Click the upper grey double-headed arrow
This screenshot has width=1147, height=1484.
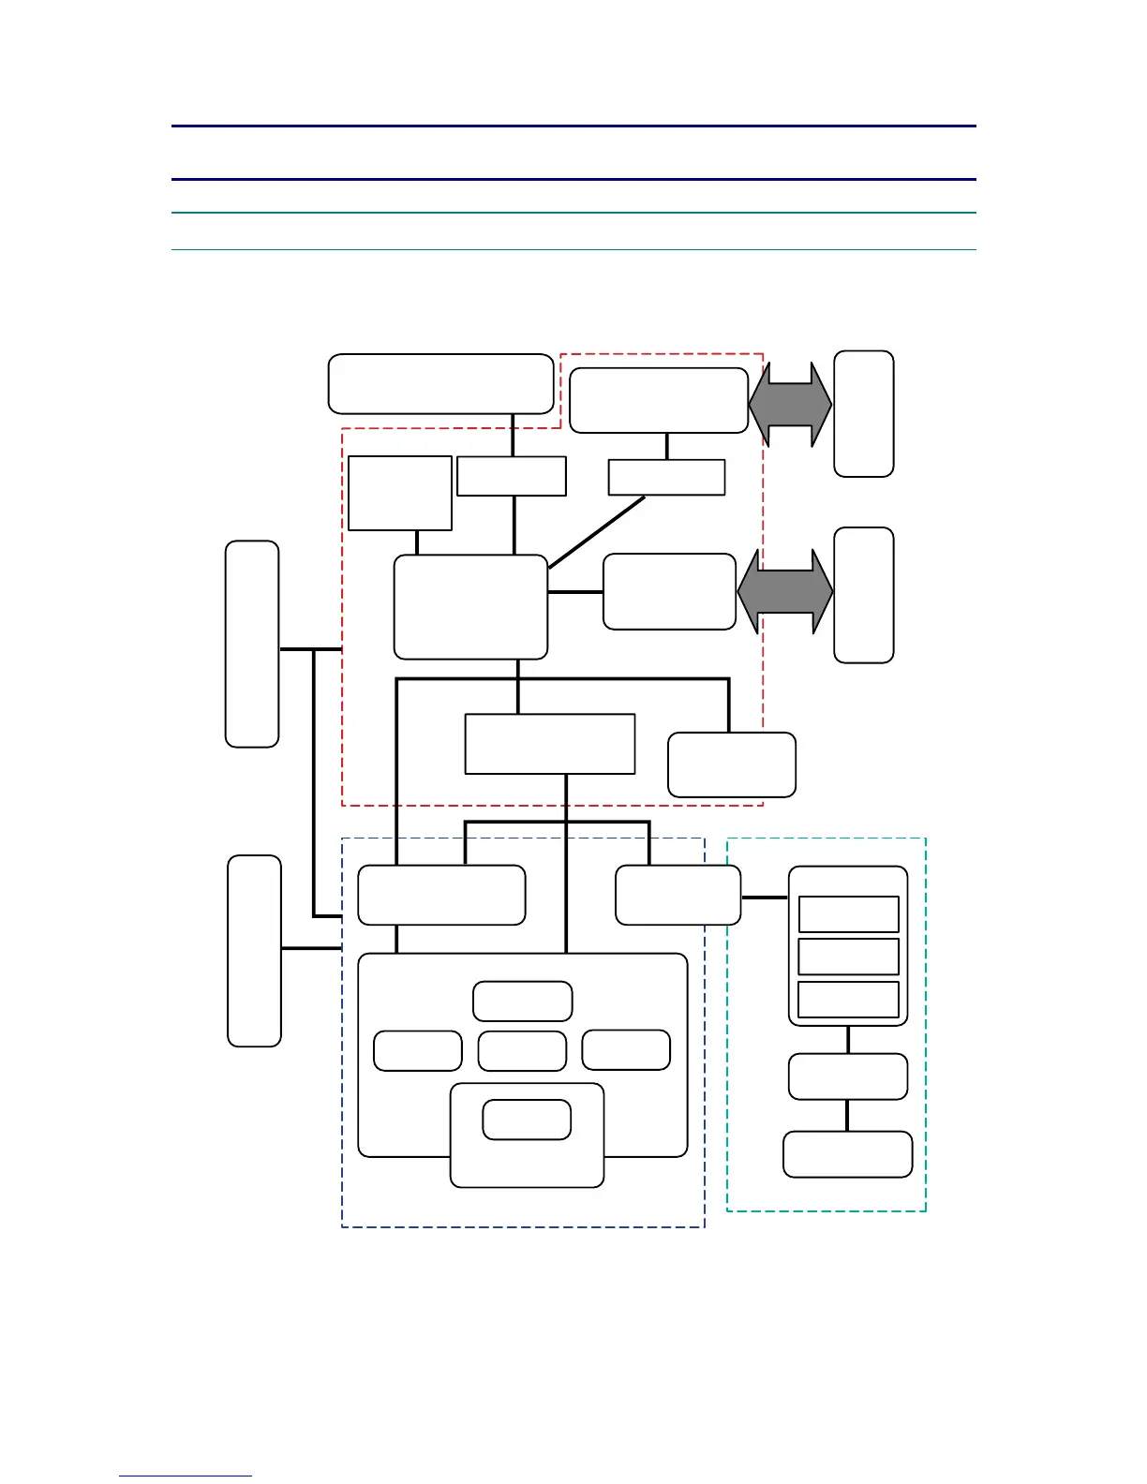coord(790,405)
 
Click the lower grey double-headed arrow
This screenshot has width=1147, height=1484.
coord(785,592)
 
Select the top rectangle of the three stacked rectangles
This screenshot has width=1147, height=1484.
coord(848,913)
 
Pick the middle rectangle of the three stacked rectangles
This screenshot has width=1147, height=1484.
coord(848,957)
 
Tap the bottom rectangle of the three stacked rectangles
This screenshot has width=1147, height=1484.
coord(848,999)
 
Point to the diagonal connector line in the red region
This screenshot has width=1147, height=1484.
coord(597,531)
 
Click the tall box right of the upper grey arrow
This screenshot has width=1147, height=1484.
coord(863,413)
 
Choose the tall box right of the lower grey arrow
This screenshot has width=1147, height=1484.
coord(863,595)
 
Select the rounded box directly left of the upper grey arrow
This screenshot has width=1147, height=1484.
coord(658,400)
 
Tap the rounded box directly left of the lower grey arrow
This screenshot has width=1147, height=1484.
coord(669,591)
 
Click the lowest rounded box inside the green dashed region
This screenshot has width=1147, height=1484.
coord(847,1153)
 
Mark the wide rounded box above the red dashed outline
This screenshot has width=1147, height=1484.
coord(440,383)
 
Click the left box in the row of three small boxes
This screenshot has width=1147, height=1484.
coord(417,1050)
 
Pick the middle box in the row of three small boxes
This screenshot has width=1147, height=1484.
coord(522,1050)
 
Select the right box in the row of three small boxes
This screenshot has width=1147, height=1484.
coord(626,1049)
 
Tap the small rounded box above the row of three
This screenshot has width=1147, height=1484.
coord(522,1001)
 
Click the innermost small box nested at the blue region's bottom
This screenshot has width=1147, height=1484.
coord(527,1120)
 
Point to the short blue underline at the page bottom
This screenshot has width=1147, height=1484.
coord(185,1476)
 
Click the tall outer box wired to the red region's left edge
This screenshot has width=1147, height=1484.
coord(252,644)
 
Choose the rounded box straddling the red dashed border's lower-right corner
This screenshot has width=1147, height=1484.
coord(731,764)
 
